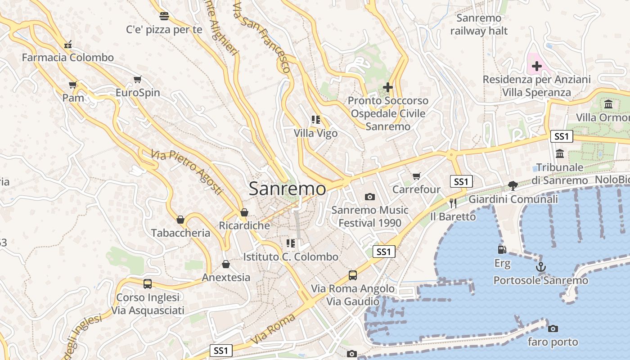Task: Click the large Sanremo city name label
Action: click(287, 189)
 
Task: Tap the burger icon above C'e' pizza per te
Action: click(164, 17)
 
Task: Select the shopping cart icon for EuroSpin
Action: click(138, 80)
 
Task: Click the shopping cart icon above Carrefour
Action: click(417, 176)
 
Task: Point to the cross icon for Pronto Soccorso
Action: click(387, 87)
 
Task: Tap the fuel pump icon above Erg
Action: click(502, 249)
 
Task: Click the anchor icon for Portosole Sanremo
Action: click(540, 267)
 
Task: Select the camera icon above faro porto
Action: click(553, 328)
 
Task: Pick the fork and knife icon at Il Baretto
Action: click(453, 203)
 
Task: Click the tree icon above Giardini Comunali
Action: click(513, 185)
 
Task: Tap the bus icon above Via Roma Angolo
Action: click(353, 275)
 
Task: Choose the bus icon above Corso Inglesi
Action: click(147, 284)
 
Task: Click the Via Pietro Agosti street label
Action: click(187, 172)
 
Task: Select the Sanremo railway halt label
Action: click(479, 24)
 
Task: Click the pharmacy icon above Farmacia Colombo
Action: click(68, 44)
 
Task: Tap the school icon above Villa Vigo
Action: click(315, 120)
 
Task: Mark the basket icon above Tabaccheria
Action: click(180, 220)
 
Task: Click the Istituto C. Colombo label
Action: click(291, 257)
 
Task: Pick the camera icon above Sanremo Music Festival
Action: click(370, 197)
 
